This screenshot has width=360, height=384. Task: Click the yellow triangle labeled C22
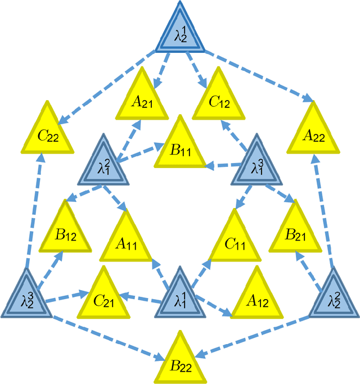(x=48, y=132)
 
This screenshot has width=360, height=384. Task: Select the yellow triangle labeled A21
(x=142, y=99)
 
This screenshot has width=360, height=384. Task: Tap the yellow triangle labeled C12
(x=219, y=99)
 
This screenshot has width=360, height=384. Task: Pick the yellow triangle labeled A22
(x=314, y=132)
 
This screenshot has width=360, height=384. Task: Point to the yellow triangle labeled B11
(x=179, y=147)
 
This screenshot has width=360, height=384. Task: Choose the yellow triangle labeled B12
(x=66, y=231)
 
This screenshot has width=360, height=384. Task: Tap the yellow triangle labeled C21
(x=103, y=297)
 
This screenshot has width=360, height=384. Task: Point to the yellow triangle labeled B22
(x=179, y=363)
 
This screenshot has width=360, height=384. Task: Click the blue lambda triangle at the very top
(x=179, y=33)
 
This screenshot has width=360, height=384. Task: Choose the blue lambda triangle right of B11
(x=257, y=165)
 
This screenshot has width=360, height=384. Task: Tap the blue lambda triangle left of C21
(x=26, y=297)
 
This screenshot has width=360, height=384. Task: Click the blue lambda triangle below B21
(x=335, y=297)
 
